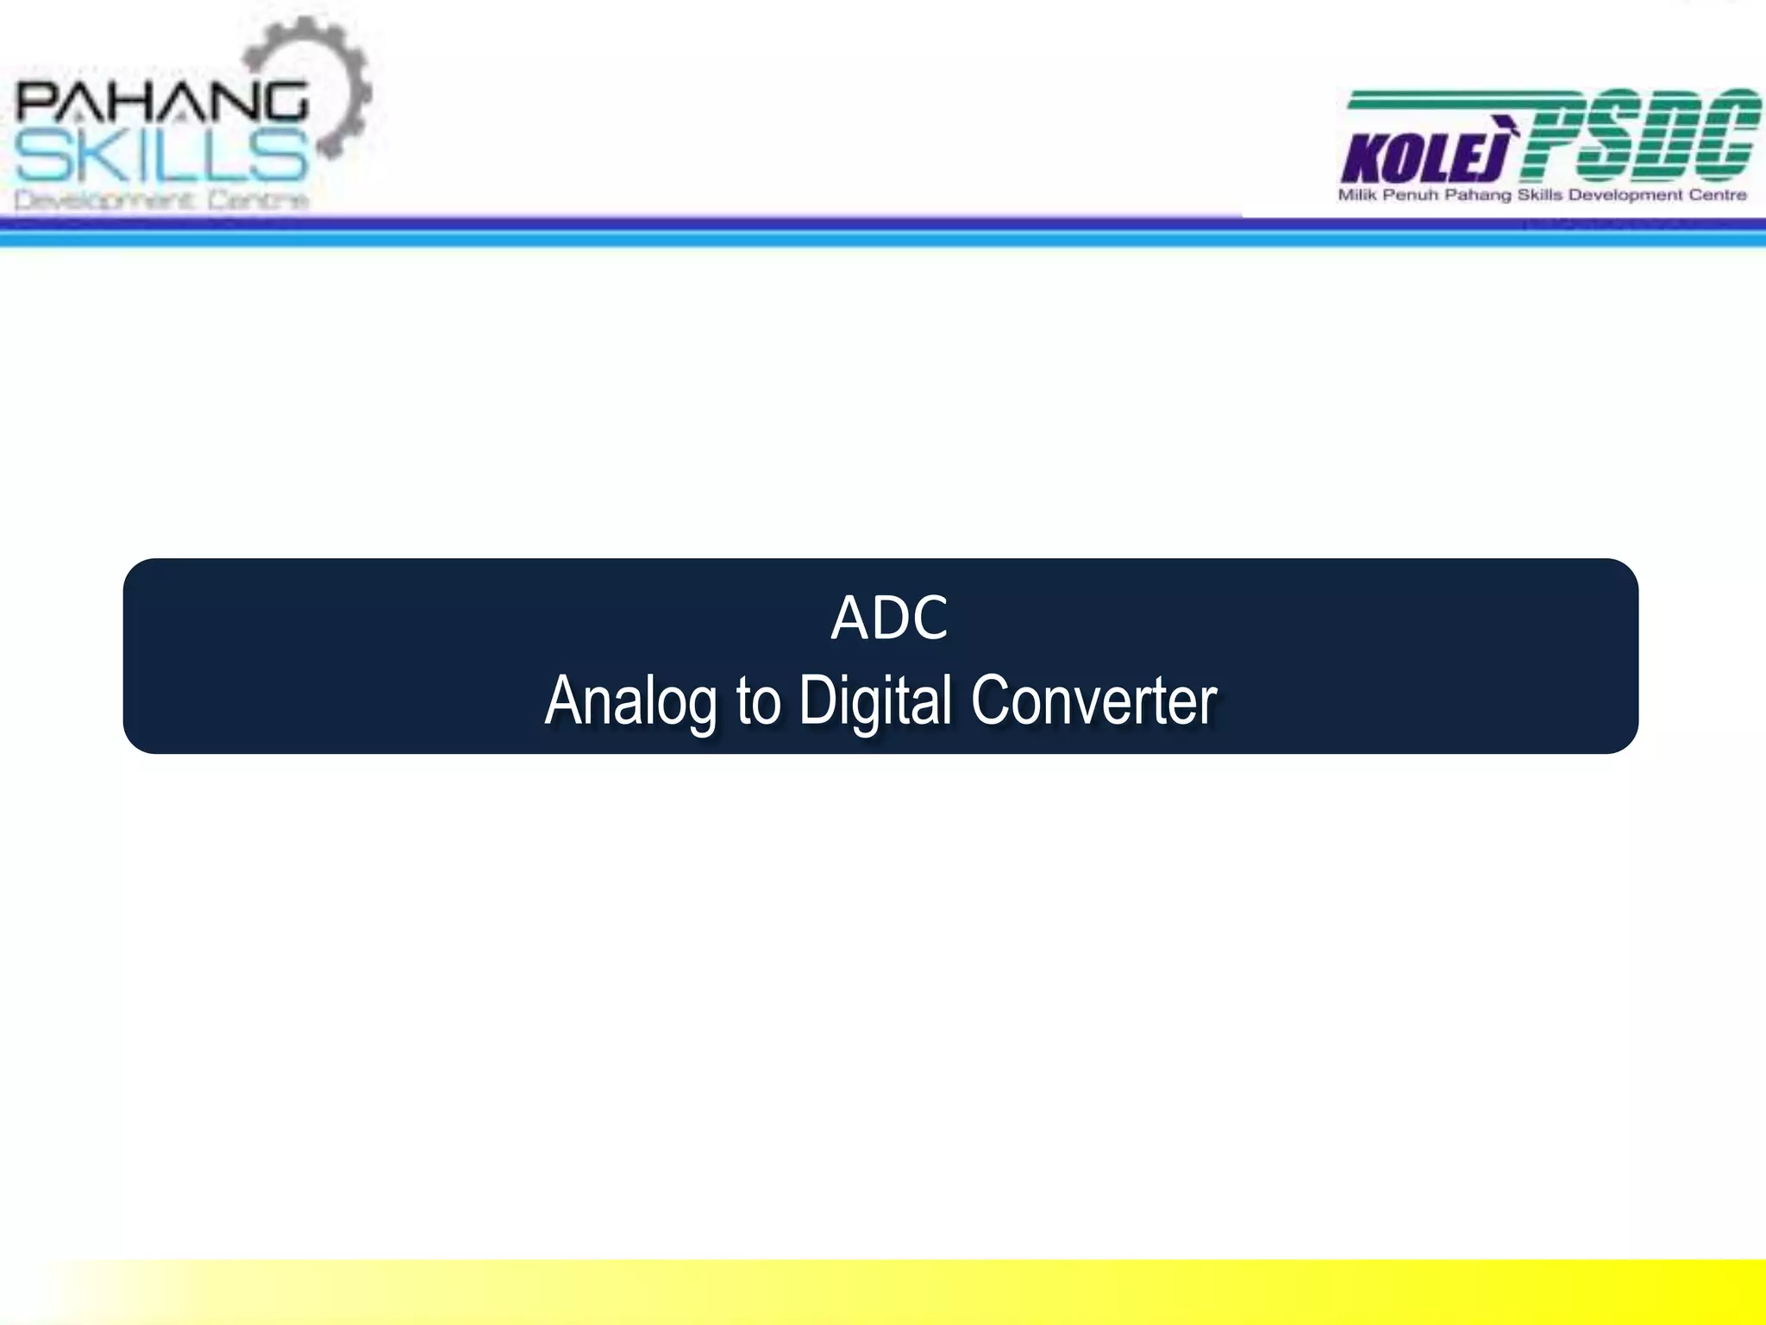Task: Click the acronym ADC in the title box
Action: click(x=889, y=619)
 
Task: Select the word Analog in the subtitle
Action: click(x=630, y=700)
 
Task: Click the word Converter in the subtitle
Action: click(x=1093, y=700)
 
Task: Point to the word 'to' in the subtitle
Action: click(x=758, y=702)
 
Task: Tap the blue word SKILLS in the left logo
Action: click(x=161, y=157)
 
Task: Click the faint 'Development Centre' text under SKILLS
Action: click(x=161, y=201)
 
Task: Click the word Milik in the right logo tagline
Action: click(x=1357, y=196)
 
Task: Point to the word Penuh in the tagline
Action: click(x=1412, y=196)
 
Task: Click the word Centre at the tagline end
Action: click(x=1717, y=196)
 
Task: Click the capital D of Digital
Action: click(x=816, y=700)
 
